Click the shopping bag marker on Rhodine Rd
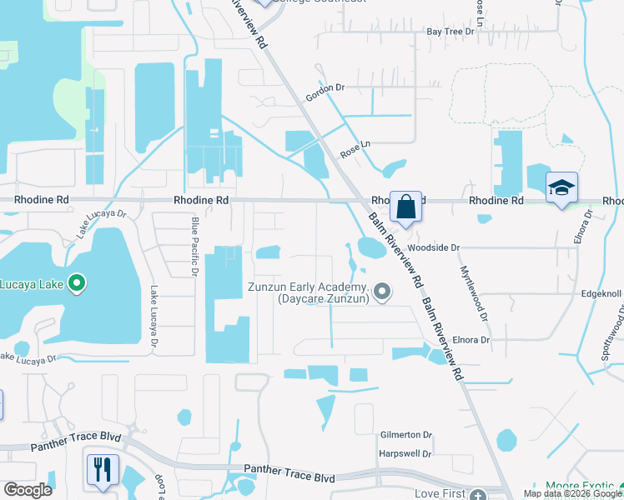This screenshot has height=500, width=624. pos(405,206)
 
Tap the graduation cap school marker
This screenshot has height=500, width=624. pos(561,188)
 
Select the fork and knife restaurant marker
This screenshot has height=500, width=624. pos(103,470)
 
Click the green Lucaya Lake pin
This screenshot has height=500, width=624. pos(77,284)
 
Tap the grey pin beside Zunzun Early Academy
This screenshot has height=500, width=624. pos(382,291)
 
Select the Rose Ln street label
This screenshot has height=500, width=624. pos(354,150)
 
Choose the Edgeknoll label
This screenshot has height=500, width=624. pos(599,294)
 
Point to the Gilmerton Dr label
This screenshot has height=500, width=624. pos(405,435)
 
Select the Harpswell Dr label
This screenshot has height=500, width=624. pos(405,454)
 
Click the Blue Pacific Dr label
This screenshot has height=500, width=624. pos(194,246)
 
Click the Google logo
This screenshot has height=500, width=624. pos(28,490)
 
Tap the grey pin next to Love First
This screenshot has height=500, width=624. pos(477,494)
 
